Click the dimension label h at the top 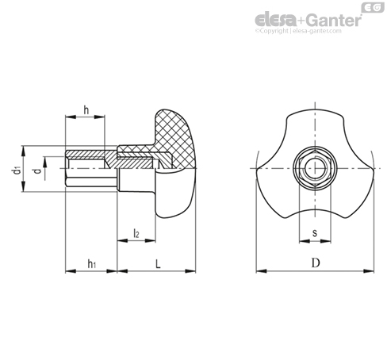86,110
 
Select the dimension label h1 91,263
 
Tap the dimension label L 158,263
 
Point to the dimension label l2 136,233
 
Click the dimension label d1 17,170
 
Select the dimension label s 315,233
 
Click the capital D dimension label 316,263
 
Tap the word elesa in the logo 275,20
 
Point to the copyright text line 298,31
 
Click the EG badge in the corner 373,7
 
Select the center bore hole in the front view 315,168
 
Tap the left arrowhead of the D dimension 261,271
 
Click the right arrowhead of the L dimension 190,271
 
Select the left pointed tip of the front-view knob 257,168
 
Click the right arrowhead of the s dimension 326,241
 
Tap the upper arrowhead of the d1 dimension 24,151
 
